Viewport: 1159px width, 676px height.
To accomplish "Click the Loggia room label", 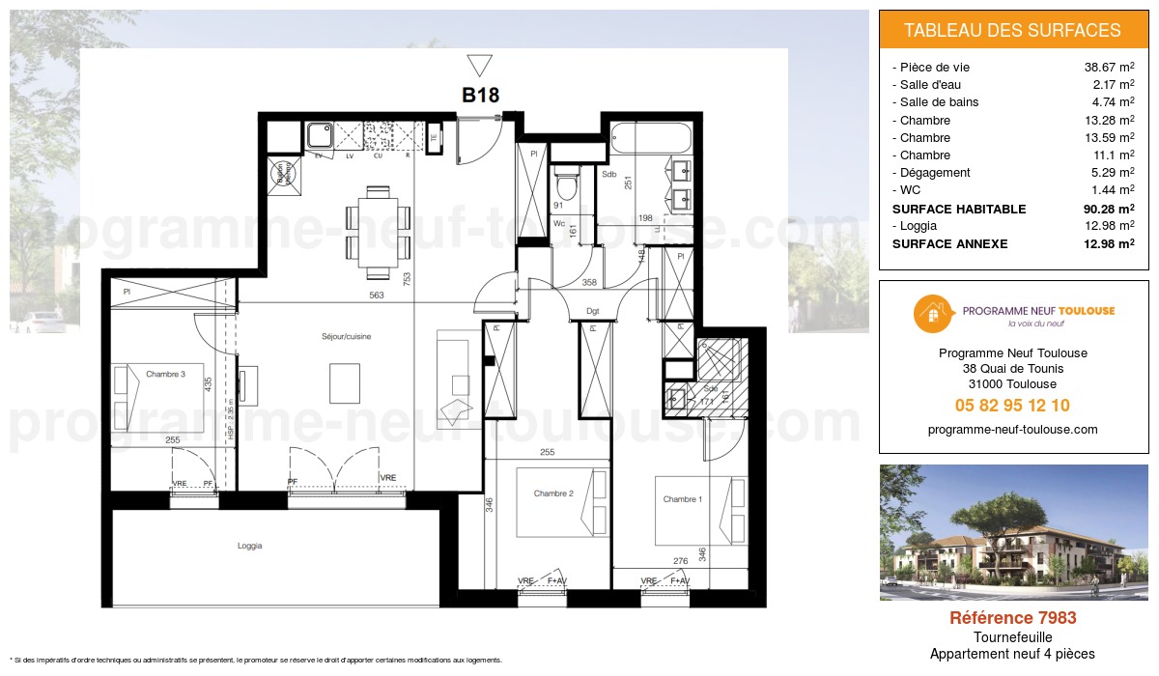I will (x=250, y=546).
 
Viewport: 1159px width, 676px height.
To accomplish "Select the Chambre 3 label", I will (x=165, y=374).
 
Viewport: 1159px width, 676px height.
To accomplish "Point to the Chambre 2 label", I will (x=553, y=493).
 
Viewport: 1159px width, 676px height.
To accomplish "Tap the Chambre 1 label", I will (x=682, y=499).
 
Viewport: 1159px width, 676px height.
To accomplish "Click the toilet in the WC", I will (x=566, y=184).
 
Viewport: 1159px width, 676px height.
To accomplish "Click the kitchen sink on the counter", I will (x=320, y=135).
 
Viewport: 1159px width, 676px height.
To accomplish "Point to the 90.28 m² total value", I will (x=1108, y=209).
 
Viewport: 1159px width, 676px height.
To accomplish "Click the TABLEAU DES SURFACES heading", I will (x=1012, y=31).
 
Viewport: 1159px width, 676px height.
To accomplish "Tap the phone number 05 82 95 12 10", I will (x=1012, y=406).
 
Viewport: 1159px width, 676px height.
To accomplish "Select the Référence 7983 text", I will (x=1012, y=618).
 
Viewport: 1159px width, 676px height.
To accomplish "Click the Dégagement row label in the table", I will (x=934, y=173).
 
